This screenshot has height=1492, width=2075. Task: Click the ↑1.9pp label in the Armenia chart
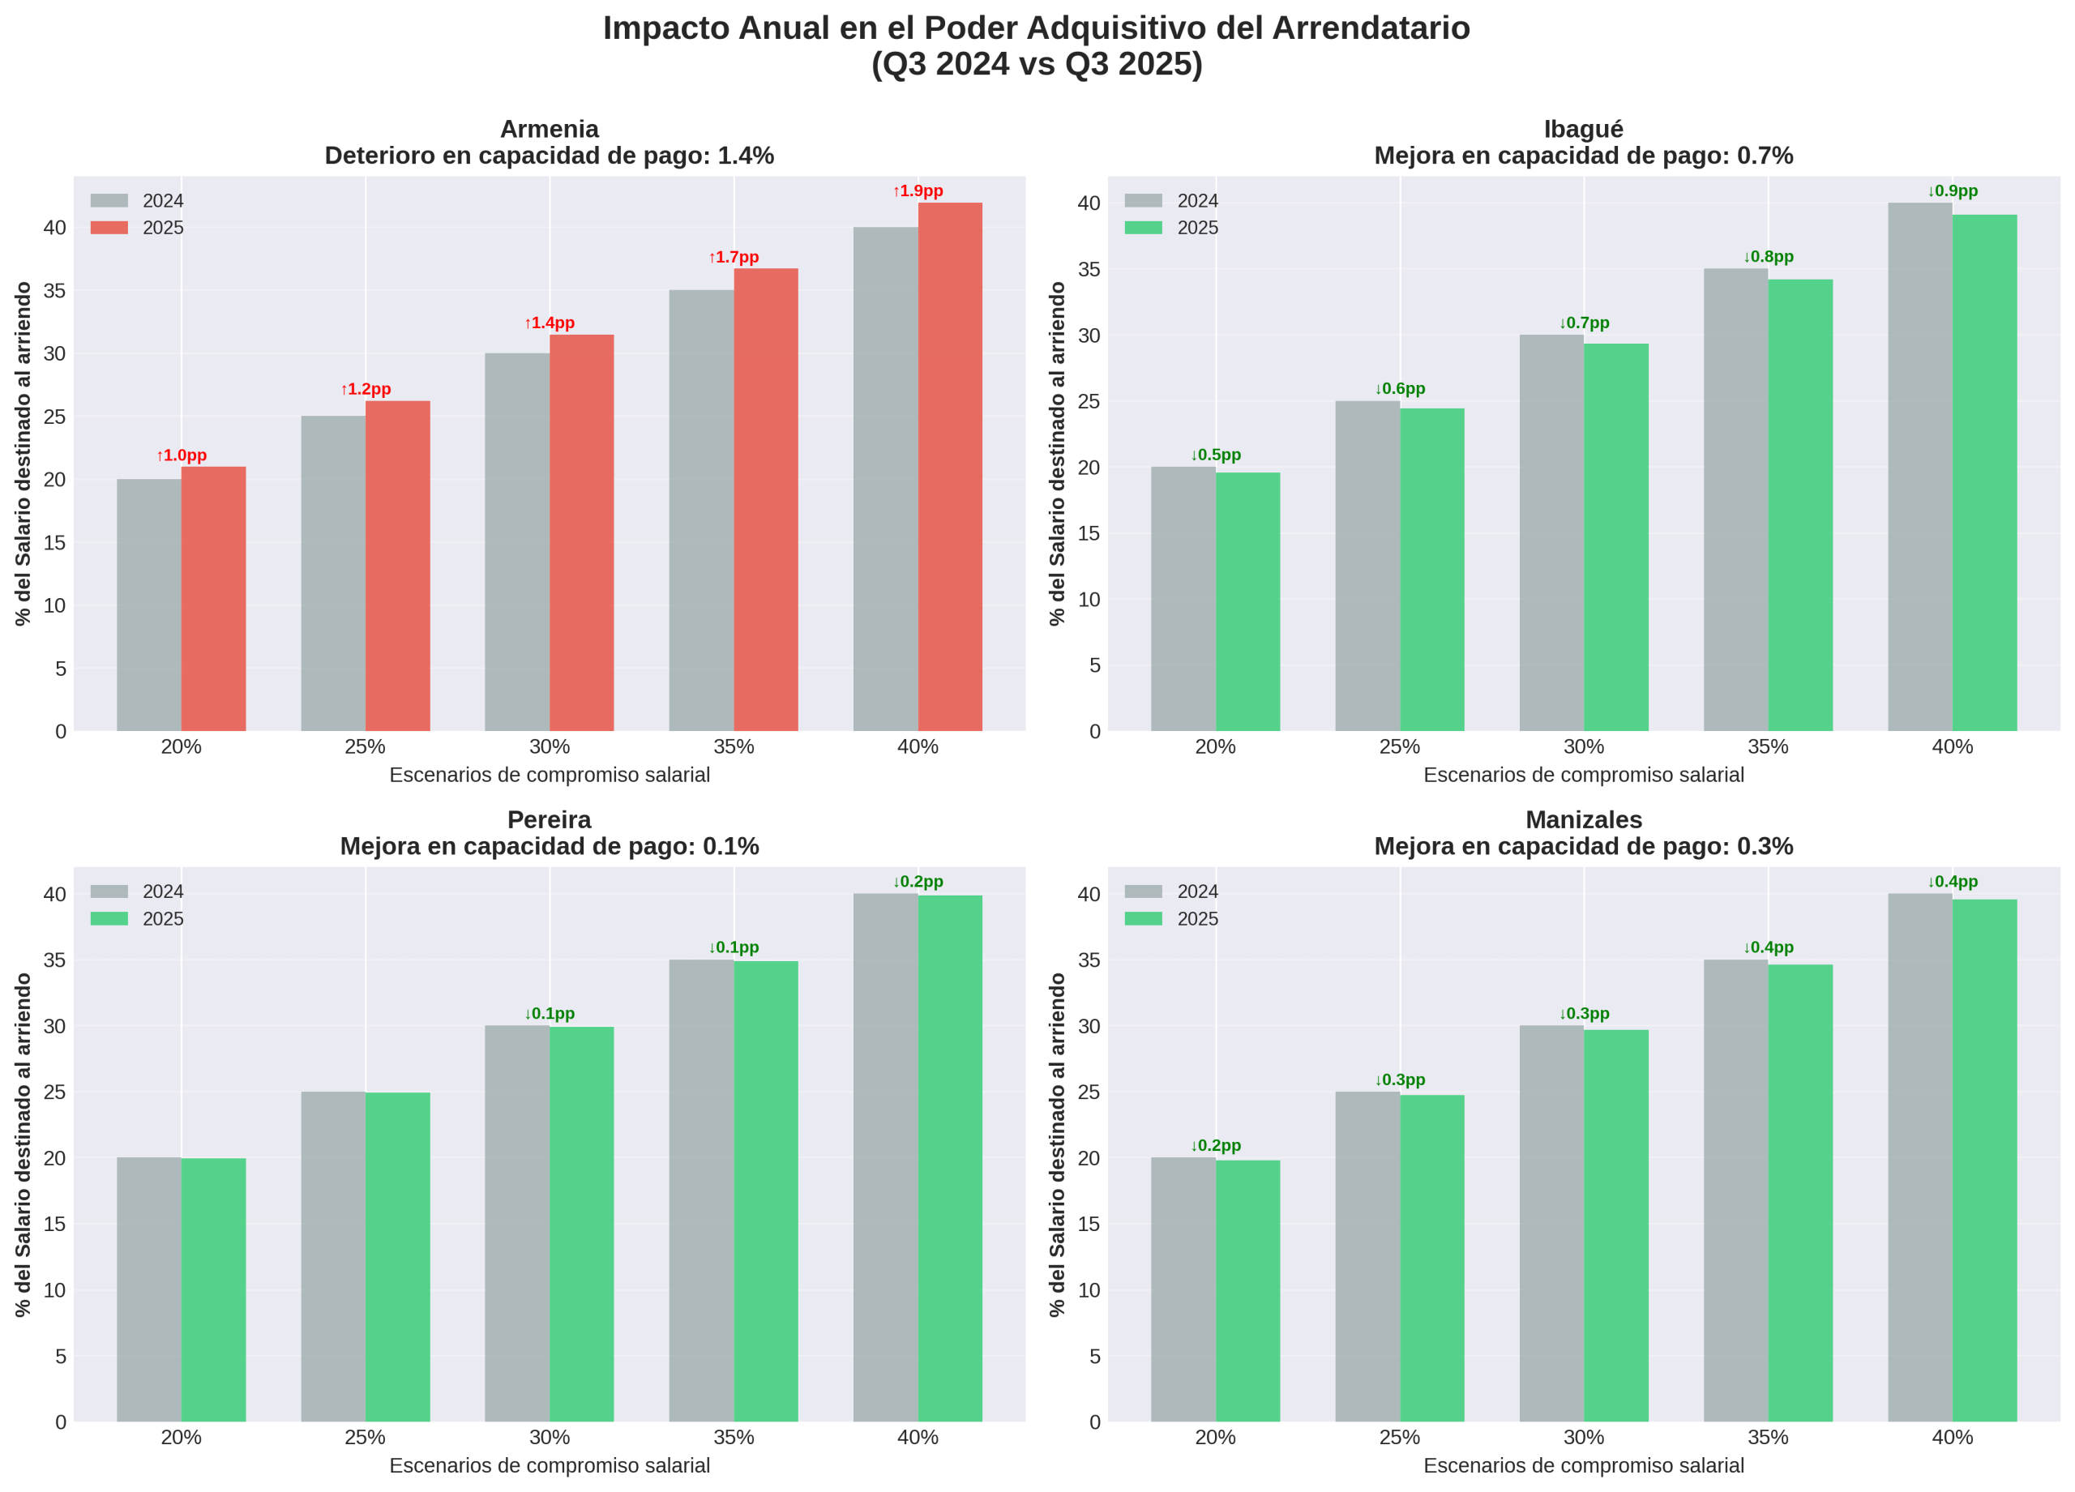point(918,191)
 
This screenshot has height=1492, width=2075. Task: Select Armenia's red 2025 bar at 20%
point(213,598)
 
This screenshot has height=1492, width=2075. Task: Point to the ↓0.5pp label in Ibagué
point(1215,455)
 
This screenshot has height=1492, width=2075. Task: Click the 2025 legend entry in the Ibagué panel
point(1171,228)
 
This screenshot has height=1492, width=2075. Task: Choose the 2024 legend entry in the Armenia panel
point(137,201)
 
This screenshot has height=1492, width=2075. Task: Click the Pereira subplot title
point(549,832)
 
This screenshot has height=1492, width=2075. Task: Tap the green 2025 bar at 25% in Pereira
point(397,1257)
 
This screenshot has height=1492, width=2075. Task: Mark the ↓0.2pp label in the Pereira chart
point(918,882)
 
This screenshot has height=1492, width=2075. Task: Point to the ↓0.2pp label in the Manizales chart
point(1215,1145)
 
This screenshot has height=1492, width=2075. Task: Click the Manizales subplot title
point(1583,832)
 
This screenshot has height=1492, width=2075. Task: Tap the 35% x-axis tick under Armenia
point(733,746)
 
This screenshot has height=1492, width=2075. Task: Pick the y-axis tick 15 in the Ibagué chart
point(1089,533)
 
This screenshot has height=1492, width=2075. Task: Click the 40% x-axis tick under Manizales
point(1952,1437)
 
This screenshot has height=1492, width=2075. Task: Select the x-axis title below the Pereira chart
point(549,1465)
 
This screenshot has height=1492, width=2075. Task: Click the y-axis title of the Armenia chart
point(23,453)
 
